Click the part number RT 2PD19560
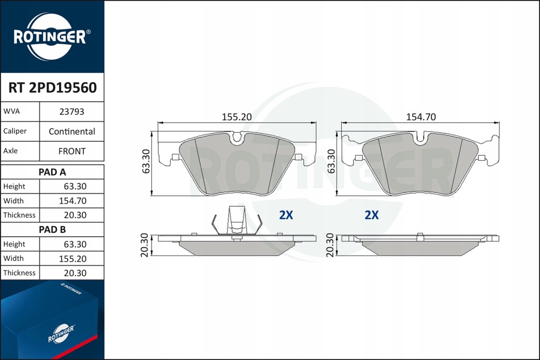[52, 87]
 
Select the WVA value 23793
[72, 112]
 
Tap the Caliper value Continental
[72, 131]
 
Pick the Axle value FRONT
[72, 151]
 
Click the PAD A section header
[52, 172]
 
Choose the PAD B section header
[52, 229]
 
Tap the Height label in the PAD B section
[14, 244]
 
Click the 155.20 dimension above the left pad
[236, 117]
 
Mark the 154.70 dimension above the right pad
[420, 117]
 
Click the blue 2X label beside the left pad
[285, 215]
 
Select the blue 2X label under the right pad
[372, 215]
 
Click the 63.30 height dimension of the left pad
[146, 161]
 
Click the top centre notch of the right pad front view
[420, 139]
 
